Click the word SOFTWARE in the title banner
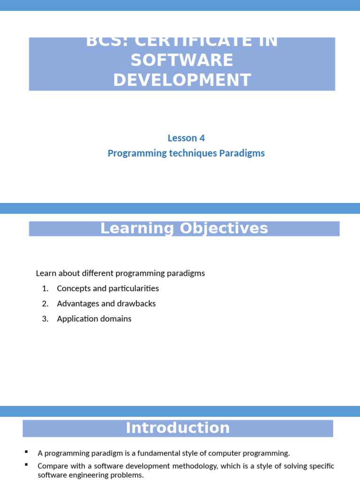click(x=182, y=60)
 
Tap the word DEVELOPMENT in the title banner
click(x=182, y=80)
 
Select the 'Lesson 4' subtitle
click(x=186, y=138)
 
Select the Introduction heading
click(x=178, y=428)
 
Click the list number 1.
click(x=45, y=288)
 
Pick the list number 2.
click(x=45, y=303)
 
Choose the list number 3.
click(x=45, y=319)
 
